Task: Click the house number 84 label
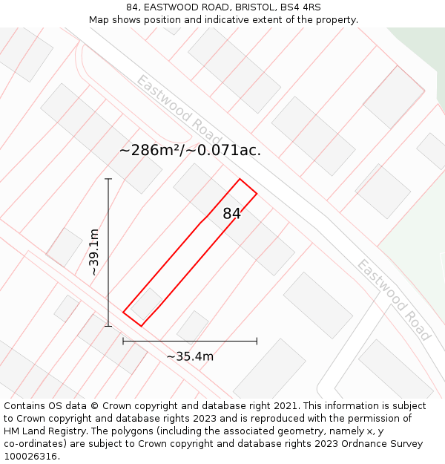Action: pos(231,214)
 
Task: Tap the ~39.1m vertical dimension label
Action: pos(94,252)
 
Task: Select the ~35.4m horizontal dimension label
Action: pos(190,356)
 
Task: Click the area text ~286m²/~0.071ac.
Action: pos(190,150)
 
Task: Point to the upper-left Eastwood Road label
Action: pos(179,110)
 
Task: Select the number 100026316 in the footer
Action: pos(30,457)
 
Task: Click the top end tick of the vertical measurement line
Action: pos(108,179)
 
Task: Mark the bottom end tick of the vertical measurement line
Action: pos(108,325)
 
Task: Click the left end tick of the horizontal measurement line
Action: pos(123,341)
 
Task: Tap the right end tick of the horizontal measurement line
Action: pos(257,341)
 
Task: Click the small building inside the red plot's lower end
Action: pos(147,303)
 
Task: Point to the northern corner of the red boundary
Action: pos(240,179)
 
